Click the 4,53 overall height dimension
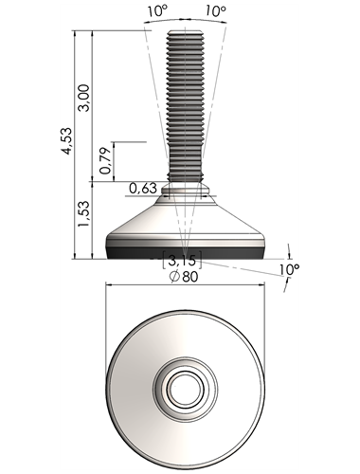pos(67,140)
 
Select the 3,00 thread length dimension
pos(84,98)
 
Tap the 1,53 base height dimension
pos(84,213)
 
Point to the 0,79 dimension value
pos(105,161)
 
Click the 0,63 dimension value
pos(143,189)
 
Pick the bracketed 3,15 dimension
pos(182,261)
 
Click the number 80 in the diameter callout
pos(190,277)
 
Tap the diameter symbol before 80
pos(174,277)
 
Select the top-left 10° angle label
pos(157,11)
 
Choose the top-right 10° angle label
pos(216,11)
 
